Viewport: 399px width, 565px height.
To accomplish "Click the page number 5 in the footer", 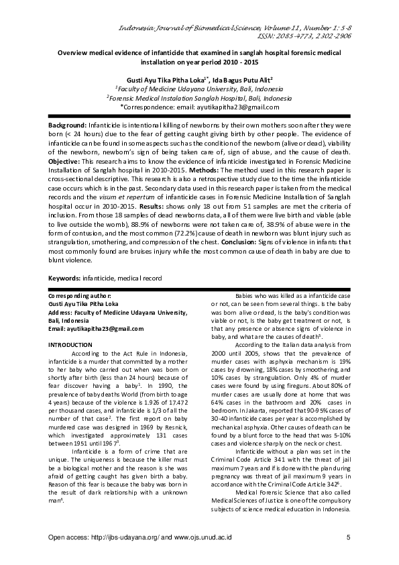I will click(x=349, y=537).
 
